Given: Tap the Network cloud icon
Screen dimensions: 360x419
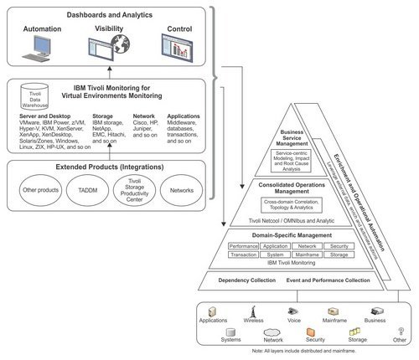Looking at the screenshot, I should click(273, 332).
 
